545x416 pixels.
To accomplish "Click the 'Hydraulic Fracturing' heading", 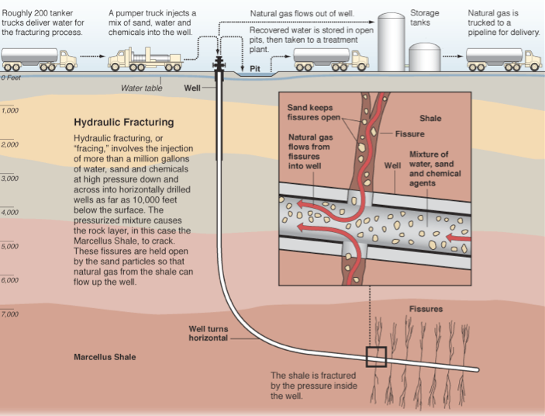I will (x=123, y=123).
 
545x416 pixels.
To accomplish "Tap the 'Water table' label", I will (x=142, y=88).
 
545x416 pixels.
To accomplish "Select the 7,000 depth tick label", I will (x=10, y=314).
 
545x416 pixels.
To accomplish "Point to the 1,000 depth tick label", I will (x=10, y=111).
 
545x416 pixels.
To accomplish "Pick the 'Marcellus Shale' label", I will (x=105, y=358).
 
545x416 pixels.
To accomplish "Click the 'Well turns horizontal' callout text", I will (x=209, y=333).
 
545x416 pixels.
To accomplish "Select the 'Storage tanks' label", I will (x=424, y=18).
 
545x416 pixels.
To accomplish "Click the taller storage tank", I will (x=392, y=43).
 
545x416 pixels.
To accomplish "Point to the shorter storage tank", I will (x=424, y=57).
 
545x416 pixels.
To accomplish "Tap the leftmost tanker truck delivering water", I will (x=39, y=58).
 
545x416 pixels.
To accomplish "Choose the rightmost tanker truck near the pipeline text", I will (x=502, y=58).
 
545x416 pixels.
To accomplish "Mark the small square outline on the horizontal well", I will (x=376, y=356).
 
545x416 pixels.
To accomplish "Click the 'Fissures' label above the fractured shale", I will (x=426, y=309).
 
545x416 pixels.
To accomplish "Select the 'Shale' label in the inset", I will (x=430, y=119).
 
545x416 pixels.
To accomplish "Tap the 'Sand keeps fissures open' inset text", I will (x=314, y=113).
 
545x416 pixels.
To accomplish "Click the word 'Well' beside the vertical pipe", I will (x=192, y=88).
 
